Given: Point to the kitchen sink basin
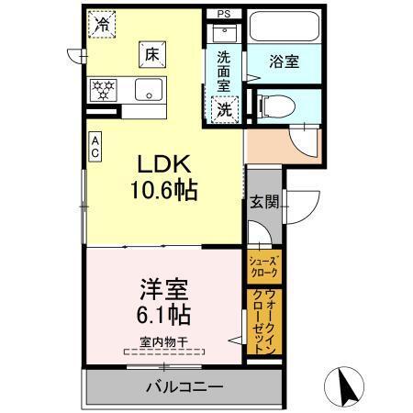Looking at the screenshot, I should point(148,90).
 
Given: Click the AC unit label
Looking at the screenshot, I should point(95,147).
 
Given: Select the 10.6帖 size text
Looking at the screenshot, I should point(164,194).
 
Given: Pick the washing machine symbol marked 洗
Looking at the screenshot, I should point(224,109).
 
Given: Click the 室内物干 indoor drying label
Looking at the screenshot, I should point(164,341).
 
